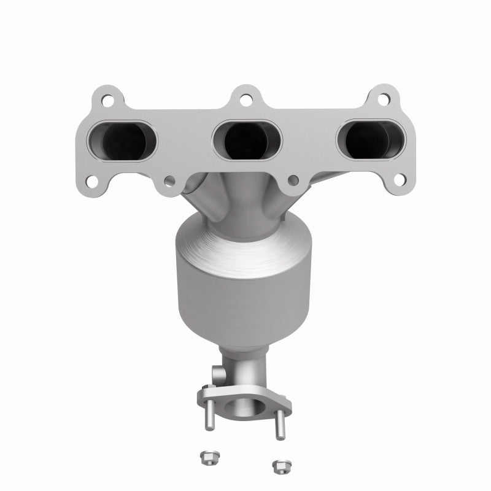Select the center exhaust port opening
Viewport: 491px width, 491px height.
point(247,141)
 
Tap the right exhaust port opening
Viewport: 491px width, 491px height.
point(371,141)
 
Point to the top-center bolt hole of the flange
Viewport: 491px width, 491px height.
point(245,98)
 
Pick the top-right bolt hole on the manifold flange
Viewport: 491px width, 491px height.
point(384,98)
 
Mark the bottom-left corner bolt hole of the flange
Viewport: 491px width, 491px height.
point(91,181)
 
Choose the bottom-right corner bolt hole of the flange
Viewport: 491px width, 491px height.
point(398,180)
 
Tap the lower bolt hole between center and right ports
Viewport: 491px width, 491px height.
point(293,180)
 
